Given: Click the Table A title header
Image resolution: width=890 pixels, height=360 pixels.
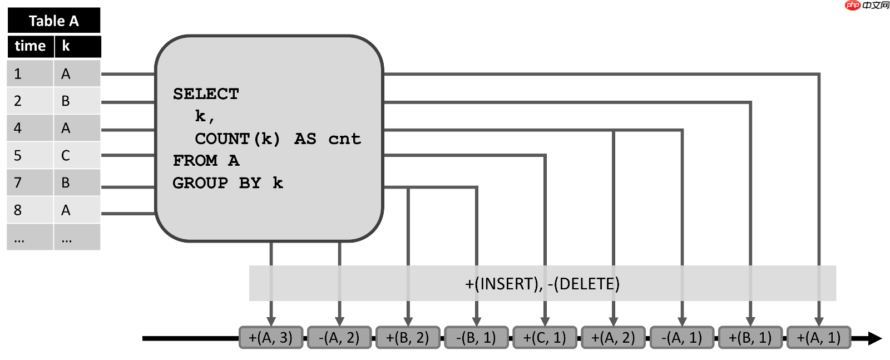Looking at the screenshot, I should [53, 21].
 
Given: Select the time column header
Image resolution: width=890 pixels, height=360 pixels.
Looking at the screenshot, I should [30, 46].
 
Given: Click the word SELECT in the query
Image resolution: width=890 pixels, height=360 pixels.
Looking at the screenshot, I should [206, 94].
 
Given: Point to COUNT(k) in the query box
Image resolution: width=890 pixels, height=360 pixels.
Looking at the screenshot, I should [238, 139].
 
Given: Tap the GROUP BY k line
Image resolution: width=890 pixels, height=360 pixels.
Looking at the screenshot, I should [228, 183].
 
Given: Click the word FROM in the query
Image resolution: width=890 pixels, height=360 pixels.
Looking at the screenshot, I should [195, 161].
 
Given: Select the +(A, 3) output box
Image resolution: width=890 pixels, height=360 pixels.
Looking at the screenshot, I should [271, 338].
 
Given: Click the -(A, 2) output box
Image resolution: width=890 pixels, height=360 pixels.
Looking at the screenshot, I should [339, 338].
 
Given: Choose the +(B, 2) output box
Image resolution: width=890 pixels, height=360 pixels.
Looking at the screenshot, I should [408, 338].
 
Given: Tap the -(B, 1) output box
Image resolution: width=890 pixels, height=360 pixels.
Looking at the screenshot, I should [476, 338].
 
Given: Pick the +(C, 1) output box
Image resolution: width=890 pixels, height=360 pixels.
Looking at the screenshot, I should [545, 338].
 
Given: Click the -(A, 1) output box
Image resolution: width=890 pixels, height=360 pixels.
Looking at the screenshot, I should [682, 338].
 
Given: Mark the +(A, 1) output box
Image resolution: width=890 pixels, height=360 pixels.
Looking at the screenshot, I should [819, 338].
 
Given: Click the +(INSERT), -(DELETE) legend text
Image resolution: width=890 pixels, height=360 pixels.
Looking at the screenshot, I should [542, 284].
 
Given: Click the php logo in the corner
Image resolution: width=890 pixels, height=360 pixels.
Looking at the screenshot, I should [853, 6].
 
